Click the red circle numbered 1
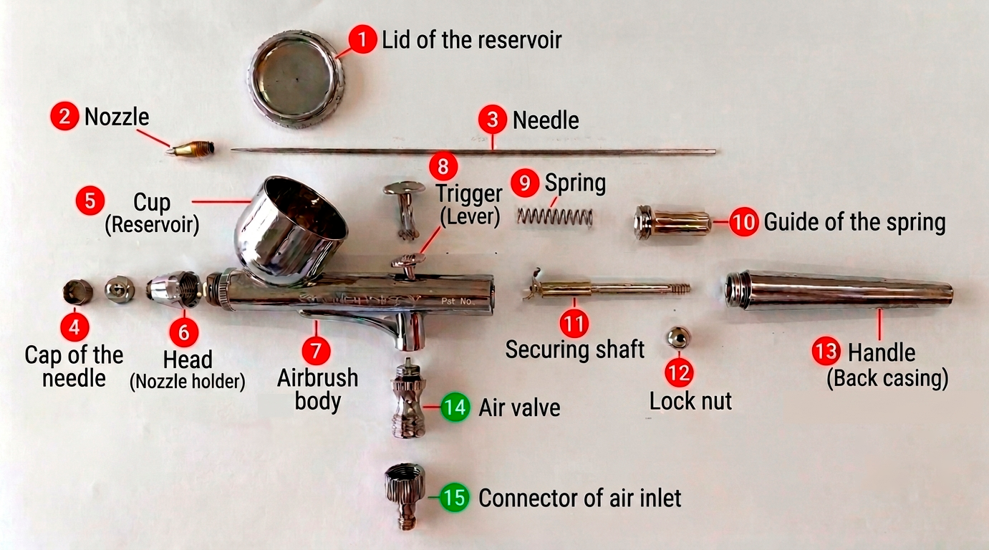362,39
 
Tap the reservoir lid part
296,79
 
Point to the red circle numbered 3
493,119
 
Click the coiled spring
555,216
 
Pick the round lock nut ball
678,338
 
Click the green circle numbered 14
455,407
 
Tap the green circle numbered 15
455,497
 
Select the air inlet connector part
405,496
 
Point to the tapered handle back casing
839,291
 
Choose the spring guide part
672,222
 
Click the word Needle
546,120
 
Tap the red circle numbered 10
743,221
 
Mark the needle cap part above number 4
78,291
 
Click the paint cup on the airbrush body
291,230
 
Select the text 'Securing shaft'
574,349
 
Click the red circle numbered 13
826,351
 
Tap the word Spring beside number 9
575,183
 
